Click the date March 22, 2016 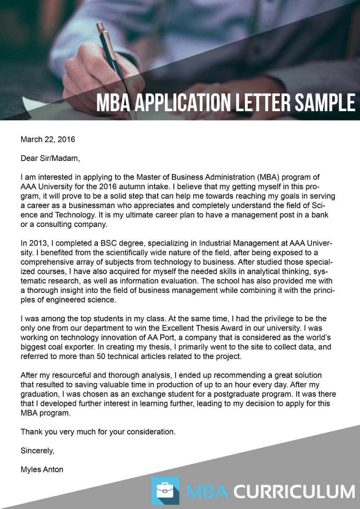(x=48, y=140)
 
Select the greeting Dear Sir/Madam (x=50, y=158)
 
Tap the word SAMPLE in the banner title (x=325, y=103)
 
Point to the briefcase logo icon (x=165, y=491)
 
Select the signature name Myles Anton (x=42, y=469)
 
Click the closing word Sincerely (x=37, y=451)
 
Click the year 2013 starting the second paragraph (x=38, y=243)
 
